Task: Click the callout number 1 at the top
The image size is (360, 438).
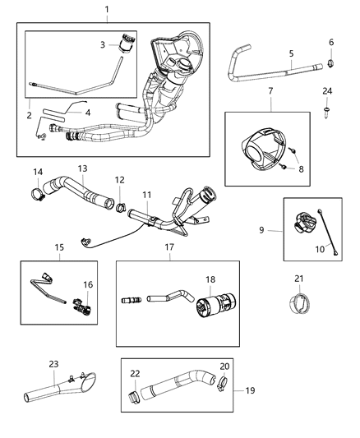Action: tap(106, 9)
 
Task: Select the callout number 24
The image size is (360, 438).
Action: tap(327, 90)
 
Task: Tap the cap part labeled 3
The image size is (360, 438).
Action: tap(127, 43)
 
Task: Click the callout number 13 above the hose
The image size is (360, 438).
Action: tap(82, 168)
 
